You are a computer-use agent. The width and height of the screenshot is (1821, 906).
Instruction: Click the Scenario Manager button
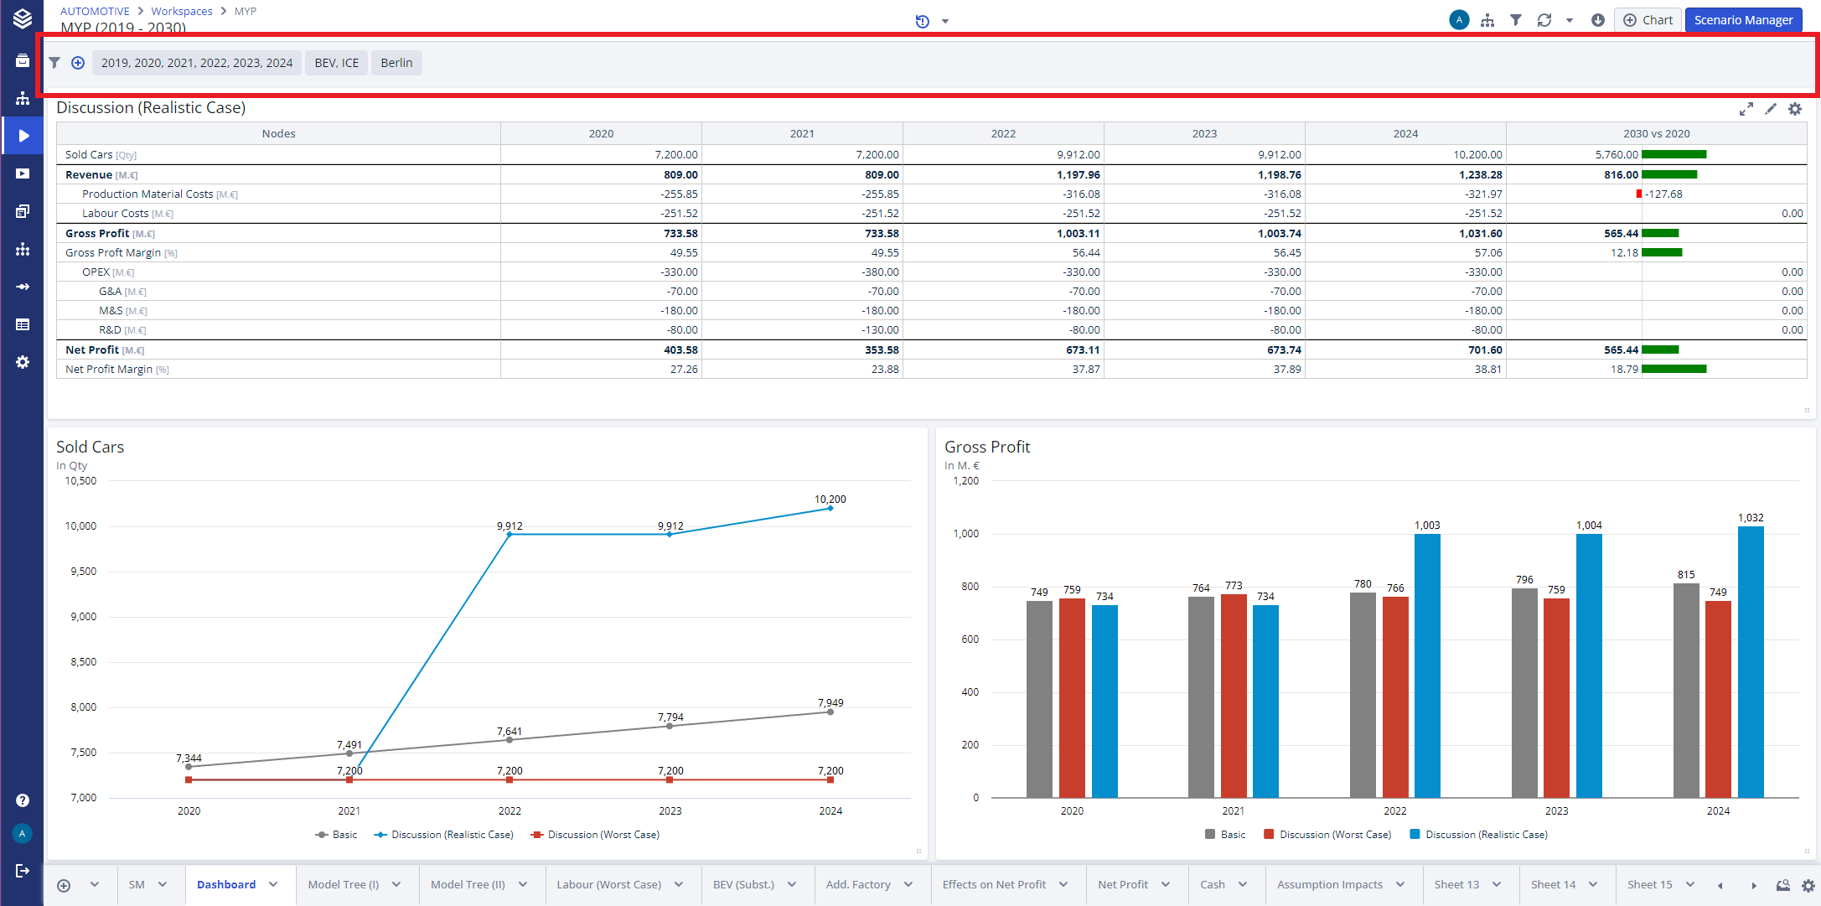pos(1743,20)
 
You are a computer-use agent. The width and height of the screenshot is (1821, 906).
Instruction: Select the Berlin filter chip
pos(396,63)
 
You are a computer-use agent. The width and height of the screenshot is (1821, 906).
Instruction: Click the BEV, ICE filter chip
pos(336,63)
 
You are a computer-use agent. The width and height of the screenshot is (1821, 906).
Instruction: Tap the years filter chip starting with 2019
pos(197,63)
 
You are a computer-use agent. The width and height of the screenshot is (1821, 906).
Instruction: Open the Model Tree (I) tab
pos(343,884)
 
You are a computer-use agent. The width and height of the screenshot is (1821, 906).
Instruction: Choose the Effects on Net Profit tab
pos(994,884)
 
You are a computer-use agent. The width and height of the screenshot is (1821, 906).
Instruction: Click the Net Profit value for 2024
pos(1485,350)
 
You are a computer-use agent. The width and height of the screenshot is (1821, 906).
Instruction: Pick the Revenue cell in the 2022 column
pos(1079,175)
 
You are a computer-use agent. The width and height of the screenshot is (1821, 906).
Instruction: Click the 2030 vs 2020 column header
pos(1656,134)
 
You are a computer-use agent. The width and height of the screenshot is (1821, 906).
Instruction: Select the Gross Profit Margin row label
pos(113,253)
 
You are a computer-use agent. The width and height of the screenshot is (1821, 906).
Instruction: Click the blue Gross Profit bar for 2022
pos(1427,665)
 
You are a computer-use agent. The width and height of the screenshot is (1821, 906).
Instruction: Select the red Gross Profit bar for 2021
pos(1234,696)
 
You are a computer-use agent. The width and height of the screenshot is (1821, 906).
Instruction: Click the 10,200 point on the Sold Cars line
pos(830,508)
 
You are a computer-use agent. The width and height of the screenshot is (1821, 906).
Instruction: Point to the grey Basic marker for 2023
pos(670,726)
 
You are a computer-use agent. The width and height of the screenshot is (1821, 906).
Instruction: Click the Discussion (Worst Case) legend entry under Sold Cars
pos(603,835)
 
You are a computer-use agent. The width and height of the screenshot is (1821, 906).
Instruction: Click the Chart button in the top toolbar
pos(1648,20)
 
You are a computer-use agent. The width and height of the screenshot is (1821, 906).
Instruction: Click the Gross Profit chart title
pos(987,447)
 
